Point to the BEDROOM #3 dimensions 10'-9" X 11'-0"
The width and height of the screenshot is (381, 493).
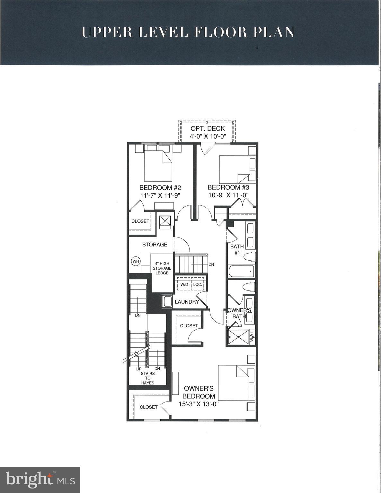[x=228, y=195]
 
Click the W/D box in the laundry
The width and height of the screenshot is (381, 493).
[x=184, y=284]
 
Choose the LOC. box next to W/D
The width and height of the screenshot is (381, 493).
[x=197, y=284]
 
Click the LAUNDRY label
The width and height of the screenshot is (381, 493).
[x=187, y=302]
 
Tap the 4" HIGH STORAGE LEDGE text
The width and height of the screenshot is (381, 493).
[x=162, y=268]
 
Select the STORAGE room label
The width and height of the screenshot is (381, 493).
[x=155, y=245]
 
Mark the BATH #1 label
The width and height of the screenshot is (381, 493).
[x=237, y=249]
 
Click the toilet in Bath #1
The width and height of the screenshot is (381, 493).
[x=249, y=257]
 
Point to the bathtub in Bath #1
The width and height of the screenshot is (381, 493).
[x=241, y=271]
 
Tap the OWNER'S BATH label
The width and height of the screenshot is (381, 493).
[x=239, y=313]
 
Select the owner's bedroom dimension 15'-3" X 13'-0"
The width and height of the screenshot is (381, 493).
[x=199, y=404]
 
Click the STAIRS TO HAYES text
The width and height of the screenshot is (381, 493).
[x=147, y=378]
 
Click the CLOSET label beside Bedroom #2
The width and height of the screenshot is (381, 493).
[x=140, y=221]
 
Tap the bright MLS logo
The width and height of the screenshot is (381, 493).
[x=40, y=480]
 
